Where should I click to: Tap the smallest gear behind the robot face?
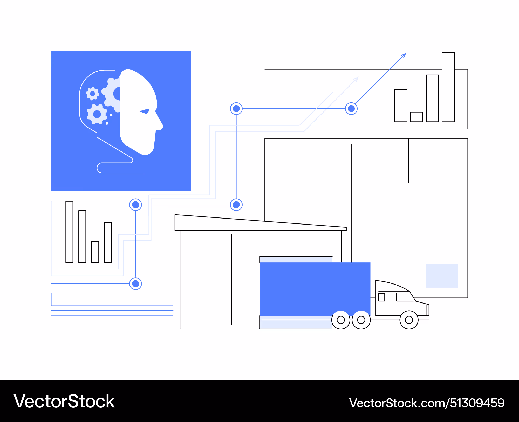tap(92, 94)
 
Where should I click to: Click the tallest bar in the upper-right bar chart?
tap(448, 87)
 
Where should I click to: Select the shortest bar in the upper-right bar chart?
tap(416, 117)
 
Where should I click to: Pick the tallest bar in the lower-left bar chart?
tap(69, 232)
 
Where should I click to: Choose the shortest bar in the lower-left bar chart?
tap(95, 252)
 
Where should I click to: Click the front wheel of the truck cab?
tap(409, 320)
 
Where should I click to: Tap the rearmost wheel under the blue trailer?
tap(341, 320)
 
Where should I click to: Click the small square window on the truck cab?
tap(381, 297)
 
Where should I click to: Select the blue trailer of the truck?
tap(315, 289)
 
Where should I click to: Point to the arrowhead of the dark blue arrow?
tap(404, 55)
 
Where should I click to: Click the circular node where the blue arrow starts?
tap(351, 109)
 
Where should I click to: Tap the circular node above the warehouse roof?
tap(236, 205)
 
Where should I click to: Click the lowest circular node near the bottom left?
tap(135, 283)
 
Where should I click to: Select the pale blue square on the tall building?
tap(442, 276)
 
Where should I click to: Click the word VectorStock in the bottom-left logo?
tap(64, 401)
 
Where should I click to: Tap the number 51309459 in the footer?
tap(477, 403)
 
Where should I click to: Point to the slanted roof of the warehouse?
tap(261, 223)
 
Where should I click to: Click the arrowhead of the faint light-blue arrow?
tap(356, 79)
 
